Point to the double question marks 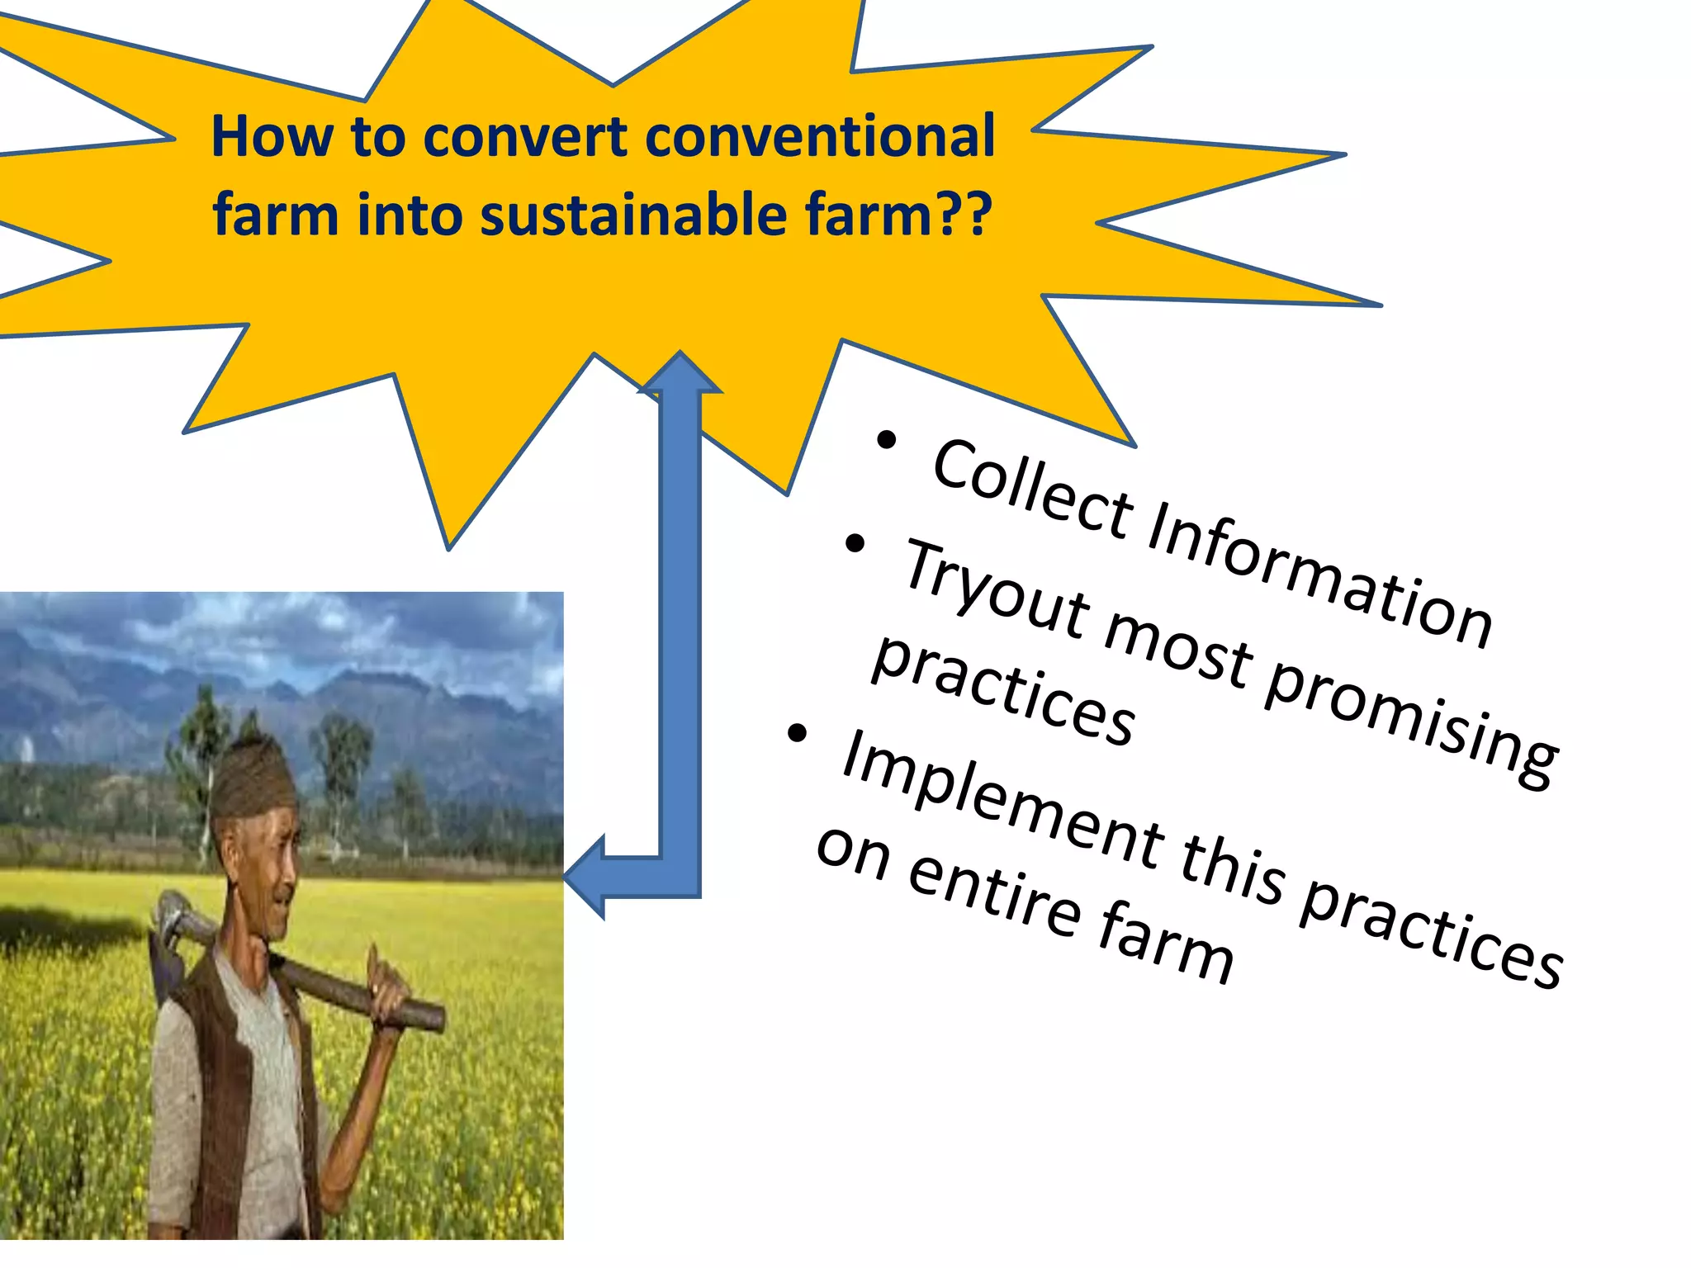[x=964, y=215]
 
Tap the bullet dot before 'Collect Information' [x=886, y=440]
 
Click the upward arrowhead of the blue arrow [x=680, y=371]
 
